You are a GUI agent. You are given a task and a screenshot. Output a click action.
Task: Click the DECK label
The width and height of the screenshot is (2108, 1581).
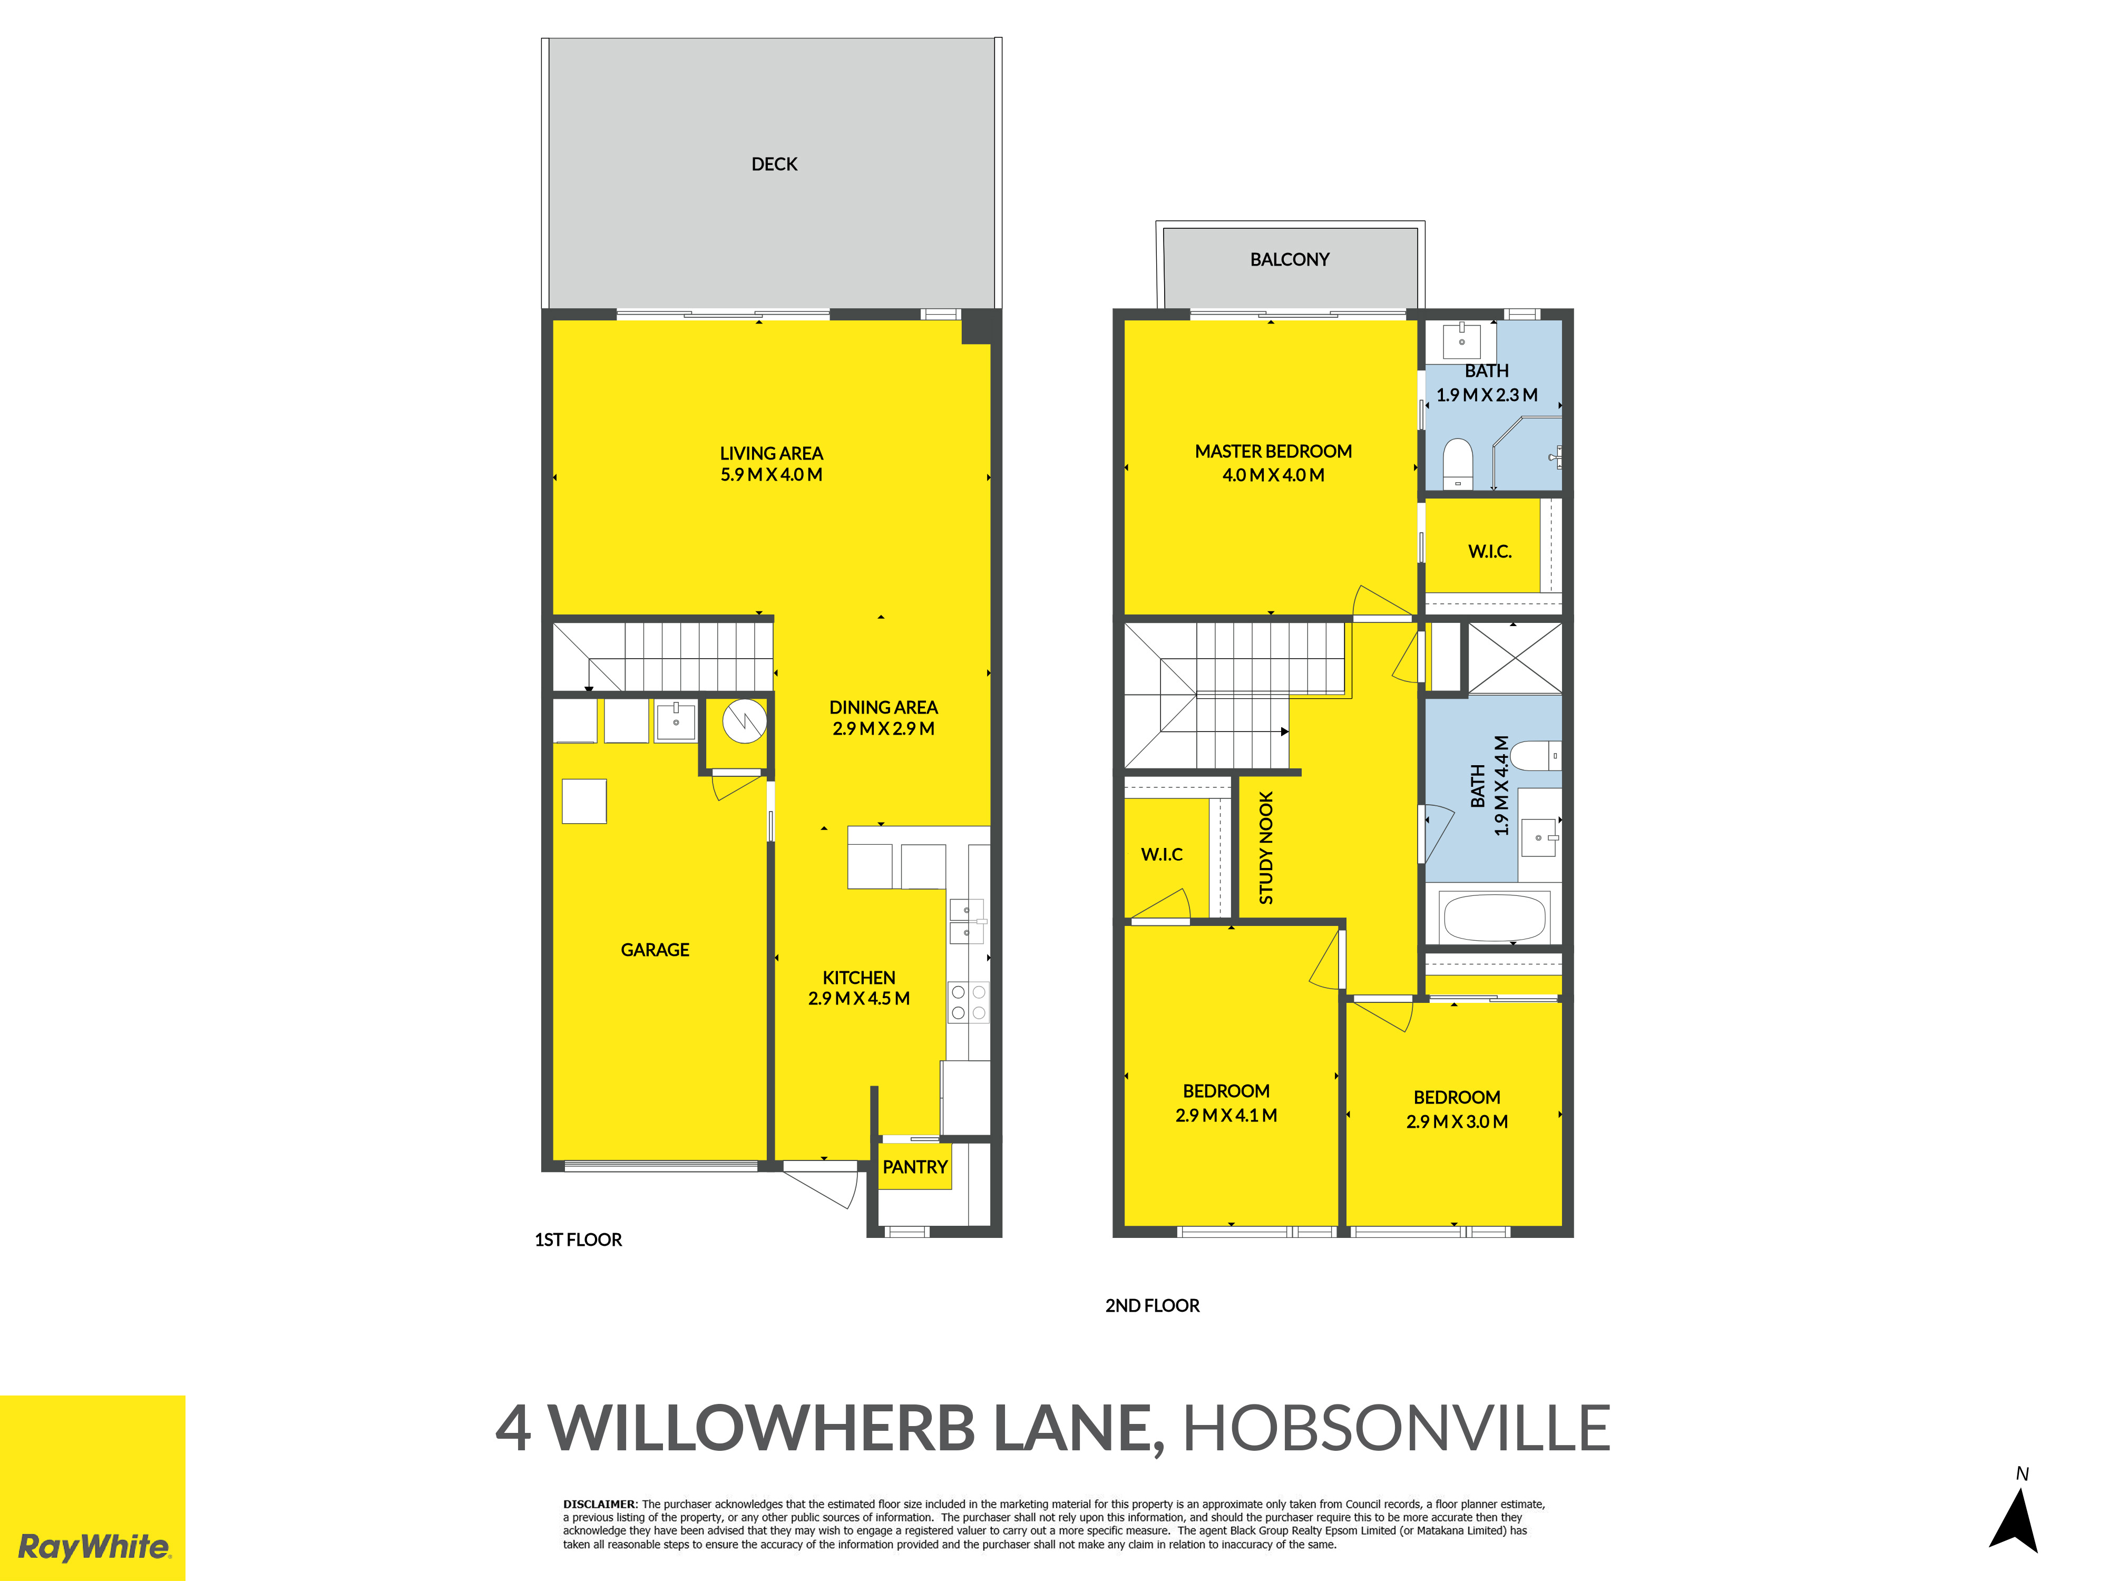774,164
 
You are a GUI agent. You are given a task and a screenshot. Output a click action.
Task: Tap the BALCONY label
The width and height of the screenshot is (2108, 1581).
1290,259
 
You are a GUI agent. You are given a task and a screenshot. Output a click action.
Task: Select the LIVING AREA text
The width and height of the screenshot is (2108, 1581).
771,454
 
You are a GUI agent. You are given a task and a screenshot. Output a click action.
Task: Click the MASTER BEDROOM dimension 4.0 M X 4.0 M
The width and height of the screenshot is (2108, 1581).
1273,475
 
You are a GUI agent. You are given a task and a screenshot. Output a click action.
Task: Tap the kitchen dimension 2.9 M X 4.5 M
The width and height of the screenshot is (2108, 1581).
858,999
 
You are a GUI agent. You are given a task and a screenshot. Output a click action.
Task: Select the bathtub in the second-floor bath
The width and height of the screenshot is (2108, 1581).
1494,917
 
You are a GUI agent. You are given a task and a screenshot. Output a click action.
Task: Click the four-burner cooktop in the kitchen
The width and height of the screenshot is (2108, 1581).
968,1002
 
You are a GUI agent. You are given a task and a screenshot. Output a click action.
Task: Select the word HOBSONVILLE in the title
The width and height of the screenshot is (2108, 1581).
1396,1429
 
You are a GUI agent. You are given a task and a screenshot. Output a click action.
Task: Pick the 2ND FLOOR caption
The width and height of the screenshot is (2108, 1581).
1152,1305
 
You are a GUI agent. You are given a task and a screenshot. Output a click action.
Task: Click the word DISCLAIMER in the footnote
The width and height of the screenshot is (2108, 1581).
599,1504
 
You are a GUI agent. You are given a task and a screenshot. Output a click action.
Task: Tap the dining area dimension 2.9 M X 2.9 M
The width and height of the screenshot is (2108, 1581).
883,729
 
